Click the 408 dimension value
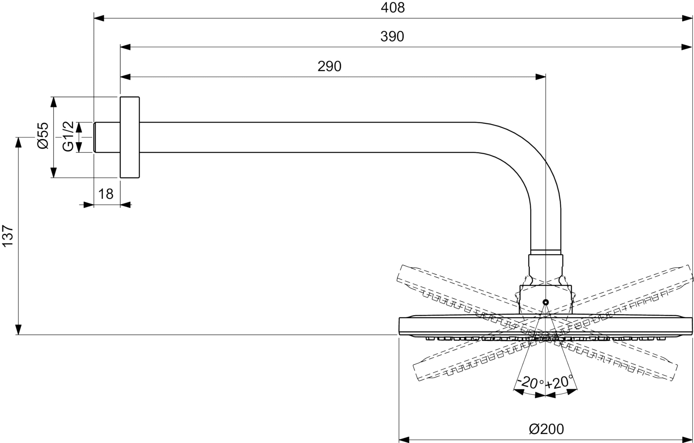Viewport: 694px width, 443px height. coord(393,8)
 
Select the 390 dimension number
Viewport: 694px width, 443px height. coord(392,37)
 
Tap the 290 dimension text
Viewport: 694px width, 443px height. coord(329,66)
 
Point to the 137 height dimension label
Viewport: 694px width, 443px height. coord(8,236)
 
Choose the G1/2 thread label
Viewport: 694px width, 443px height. coord(68,136)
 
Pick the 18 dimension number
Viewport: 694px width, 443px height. coord(106,194)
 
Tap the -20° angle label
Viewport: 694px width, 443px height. coord(530,383)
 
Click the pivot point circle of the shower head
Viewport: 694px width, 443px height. coord(545,302)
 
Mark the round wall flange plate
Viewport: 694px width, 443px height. coord(130,137)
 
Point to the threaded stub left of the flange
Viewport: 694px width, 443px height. coord(107,137)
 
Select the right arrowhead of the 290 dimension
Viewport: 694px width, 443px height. coord(540,77)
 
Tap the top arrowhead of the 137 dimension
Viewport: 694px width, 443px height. coord(18,142)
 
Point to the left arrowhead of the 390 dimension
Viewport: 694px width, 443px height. coord(125,47)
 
